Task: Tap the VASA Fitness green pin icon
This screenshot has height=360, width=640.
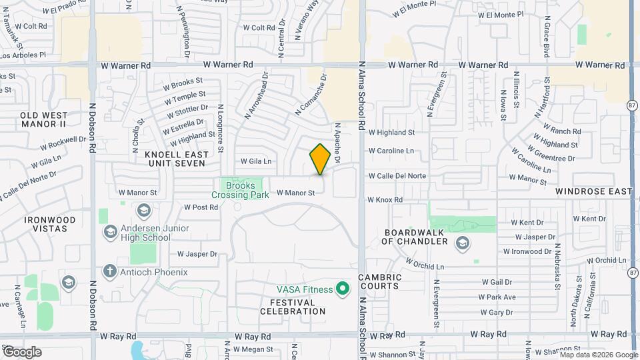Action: [343, 289]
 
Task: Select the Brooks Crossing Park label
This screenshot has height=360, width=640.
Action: [240, 190]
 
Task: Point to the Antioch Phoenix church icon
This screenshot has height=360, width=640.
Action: [110, 271]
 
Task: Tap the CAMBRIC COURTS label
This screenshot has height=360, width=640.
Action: [379, 281]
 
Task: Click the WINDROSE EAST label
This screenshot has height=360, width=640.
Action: [594, 191]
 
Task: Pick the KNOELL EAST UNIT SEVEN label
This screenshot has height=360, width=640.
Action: [177, 159]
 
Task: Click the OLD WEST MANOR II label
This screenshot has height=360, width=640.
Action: [43, 119]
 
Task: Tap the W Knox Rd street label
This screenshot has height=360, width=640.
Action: [385, 200]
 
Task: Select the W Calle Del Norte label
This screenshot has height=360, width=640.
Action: [397, 176]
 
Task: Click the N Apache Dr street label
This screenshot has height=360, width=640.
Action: [338, 143]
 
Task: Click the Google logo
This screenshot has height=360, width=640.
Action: [21, 351]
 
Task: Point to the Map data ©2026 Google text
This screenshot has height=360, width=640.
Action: [599, 355]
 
